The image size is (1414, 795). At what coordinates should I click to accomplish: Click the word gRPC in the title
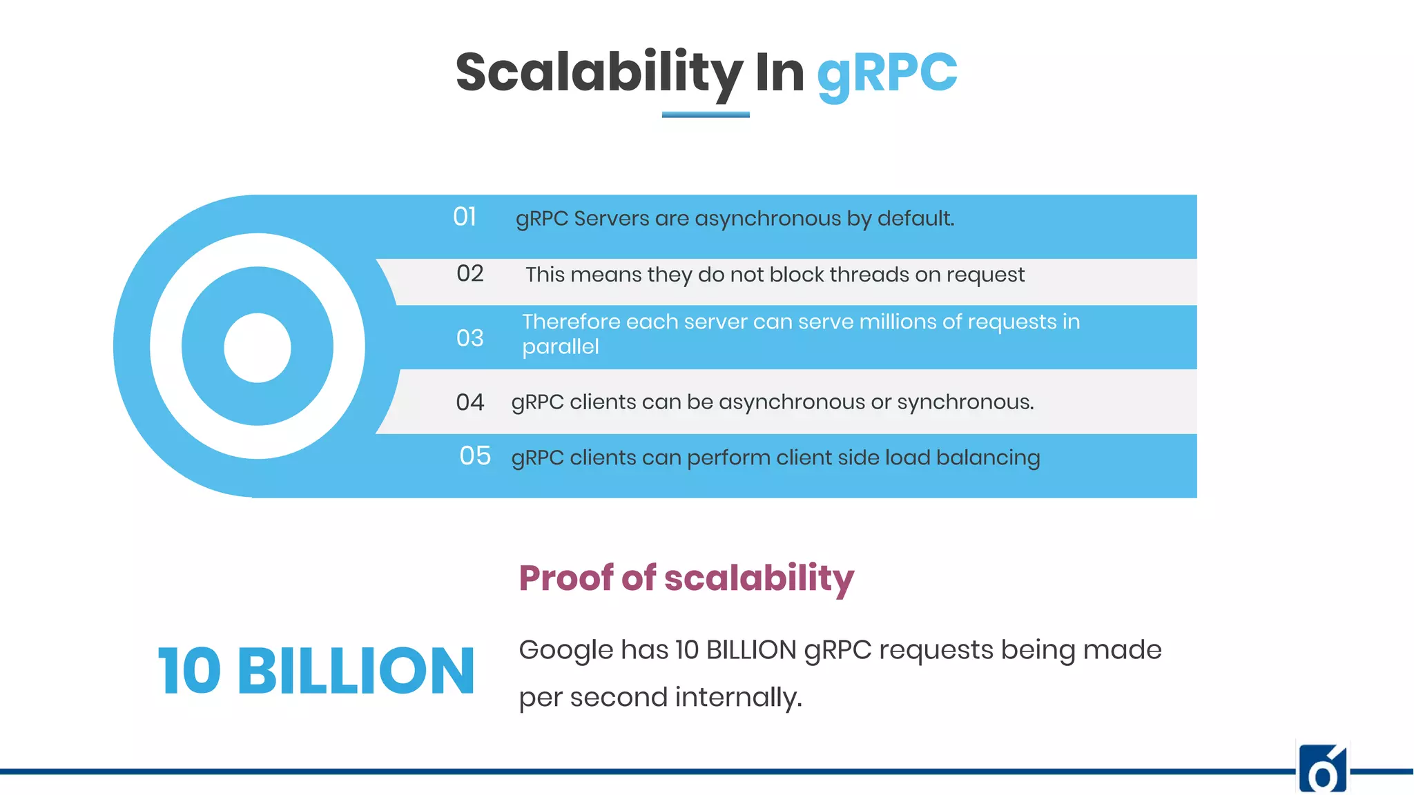coord(887,73)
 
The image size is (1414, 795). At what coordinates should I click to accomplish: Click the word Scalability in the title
coord(599,73)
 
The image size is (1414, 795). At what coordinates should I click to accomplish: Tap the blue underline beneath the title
coord(705,115)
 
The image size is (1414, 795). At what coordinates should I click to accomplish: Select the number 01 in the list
coord(465,217)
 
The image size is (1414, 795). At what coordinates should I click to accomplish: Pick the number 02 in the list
coord(469,274)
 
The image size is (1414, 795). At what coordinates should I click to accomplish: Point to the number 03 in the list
coord(469,338)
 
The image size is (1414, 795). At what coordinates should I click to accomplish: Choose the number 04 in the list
coord(469,402)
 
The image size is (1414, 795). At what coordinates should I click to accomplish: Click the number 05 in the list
coord(475,456)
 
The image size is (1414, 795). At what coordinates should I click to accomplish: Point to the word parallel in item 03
coord(560,346)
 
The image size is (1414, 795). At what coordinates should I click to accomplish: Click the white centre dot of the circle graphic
coord(258,347)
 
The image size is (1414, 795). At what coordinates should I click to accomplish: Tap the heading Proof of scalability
coord(686,578)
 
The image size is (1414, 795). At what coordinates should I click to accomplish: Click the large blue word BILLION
coord(356,671)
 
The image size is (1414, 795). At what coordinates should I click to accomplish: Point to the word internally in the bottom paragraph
coord(738,697)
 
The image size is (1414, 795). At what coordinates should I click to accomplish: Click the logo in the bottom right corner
coord(1323,769)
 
